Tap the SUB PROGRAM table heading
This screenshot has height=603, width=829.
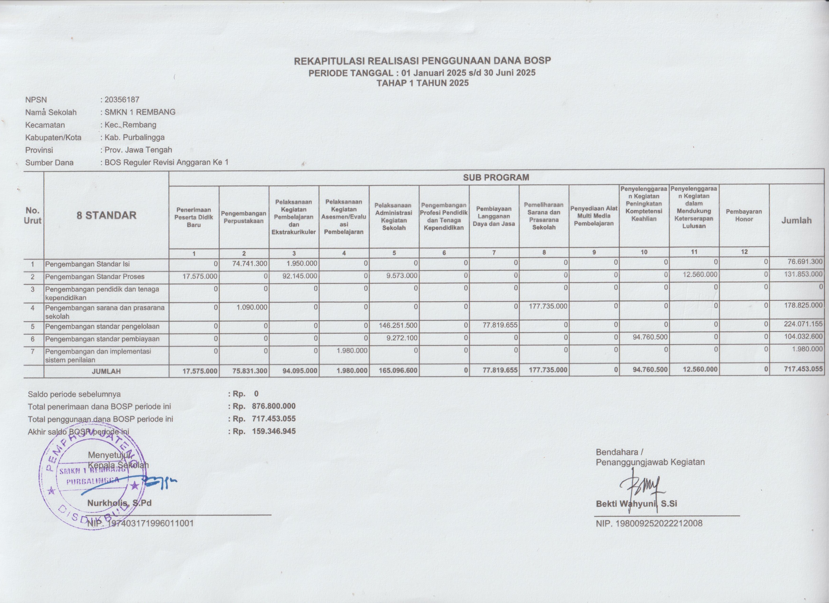(x=496, y=178)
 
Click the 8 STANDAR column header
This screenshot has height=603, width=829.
(x=106, y=215)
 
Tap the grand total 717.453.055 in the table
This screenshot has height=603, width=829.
(x=803, y=370)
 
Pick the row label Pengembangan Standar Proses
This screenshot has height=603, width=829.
(x=94, y=276)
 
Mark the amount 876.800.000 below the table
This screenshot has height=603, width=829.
(x=273, y=406)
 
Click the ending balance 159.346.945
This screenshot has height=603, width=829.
(x=273, y=431)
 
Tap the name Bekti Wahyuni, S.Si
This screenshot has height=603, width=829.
(x=636, y=503)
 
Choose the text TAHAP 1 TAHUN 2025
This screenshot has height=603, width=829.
(x=422, y=83)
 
